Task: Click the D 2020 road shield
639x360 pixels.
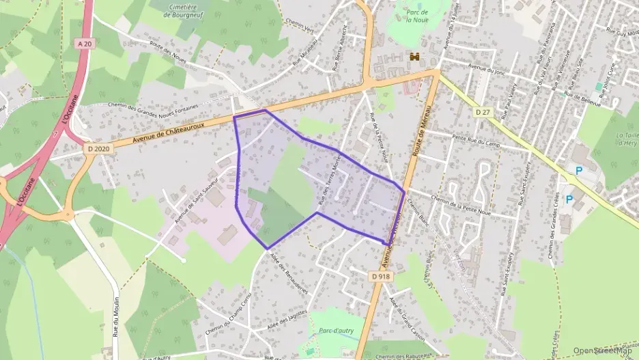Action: point(99,148)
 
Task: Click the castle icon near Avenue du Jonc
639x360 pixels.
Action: point(414,57)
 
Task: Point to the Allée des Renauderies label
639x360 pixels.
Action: point(289,273)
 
